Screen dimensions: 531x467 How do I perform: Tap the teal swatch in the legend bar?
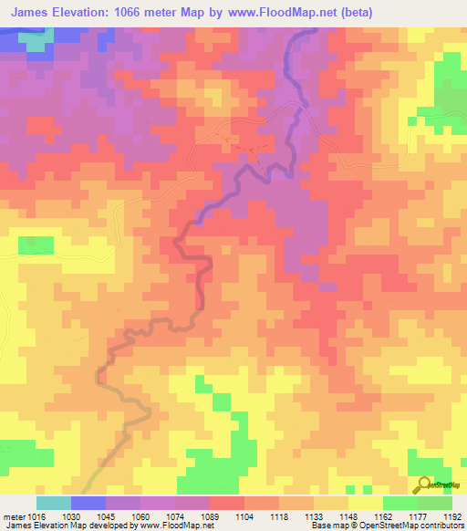tap(53, 503)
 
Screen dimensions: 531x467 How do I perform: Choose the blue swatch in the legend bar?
tap(88, 503)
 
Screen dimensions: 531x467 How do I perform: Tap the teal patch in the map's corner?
tap(36, 42)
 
